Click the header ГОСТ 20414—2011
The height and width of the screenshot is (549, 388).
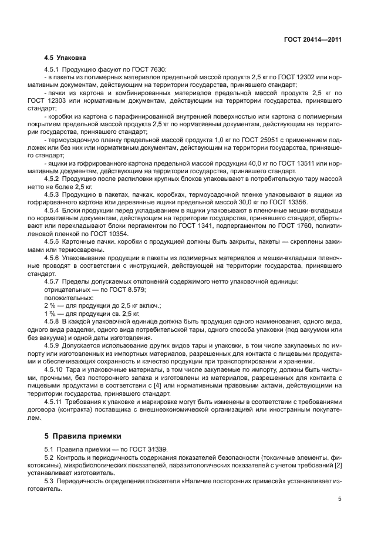tap(312, 39)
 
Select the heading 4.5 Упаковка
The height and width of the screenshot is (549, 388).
tap(65, 58)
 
